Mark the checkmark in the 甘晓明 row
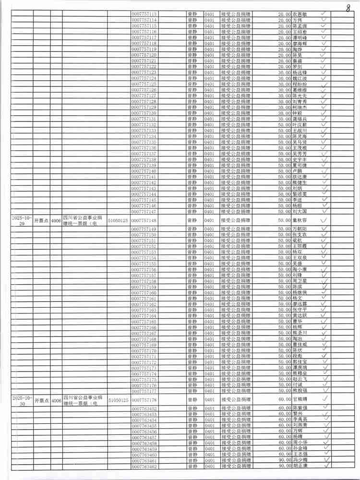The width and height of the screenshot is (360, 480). coord(325,399)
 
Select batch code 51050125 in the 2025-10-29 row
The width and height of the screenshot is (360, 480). coord(118,220)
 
